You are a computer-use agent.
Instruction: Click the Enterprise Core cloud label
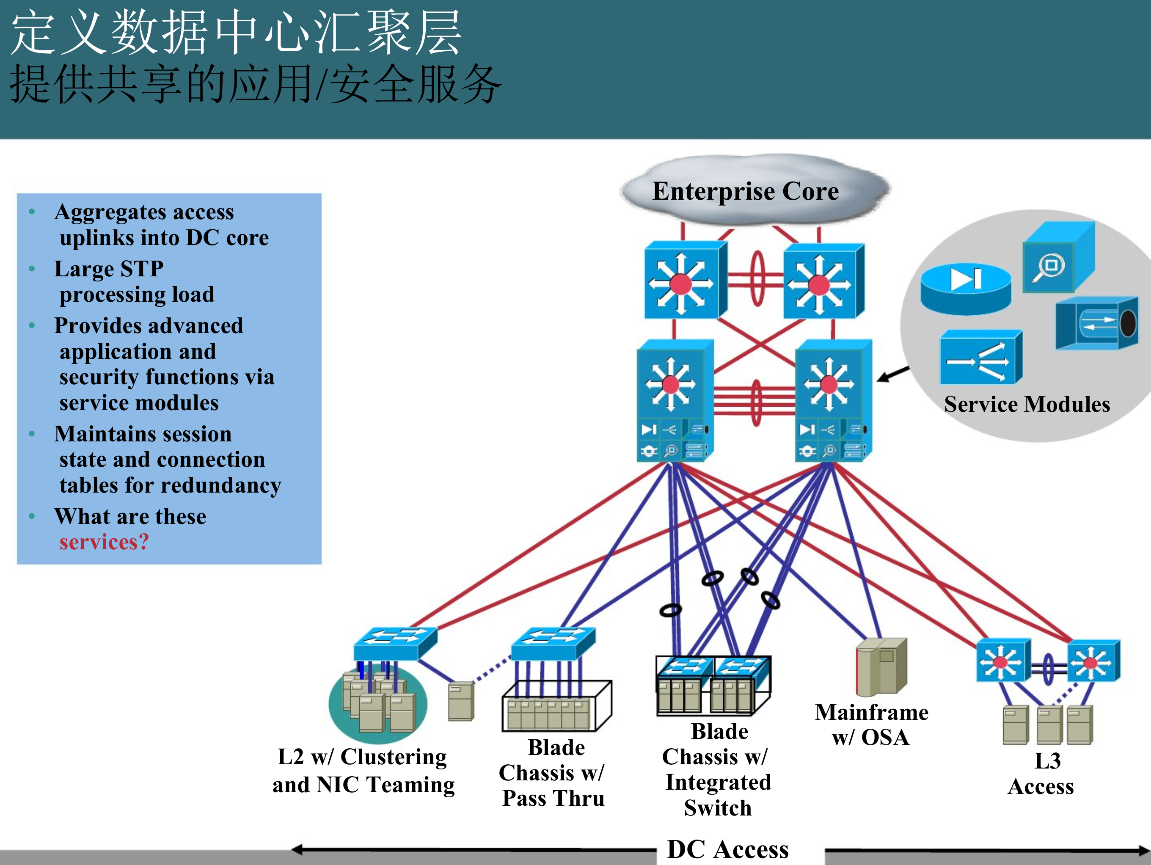[745, 191]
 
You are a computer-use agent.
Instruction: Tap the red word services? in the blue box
[104, 542]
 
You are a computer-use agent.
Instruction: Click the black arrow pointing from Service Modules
[893, 374]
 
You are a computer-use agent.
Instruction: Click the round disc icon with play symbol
[965, 289]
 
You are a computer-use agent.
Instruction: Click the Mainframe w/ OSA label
[872, 725]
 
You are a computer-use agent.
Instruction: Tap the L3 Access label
[1041, 774]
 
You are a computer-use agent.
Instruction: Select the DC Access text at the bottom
[727, 849]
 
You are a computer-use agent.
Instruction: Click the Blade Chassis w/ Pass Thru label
[553, 773]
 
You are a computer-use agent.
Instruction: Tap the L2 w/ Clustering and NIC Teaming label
[363, 771]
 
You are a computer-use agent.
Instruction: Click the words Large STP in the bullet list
[109, 269]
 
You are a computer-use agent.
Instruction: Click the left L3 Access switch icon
[1002, 661]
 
